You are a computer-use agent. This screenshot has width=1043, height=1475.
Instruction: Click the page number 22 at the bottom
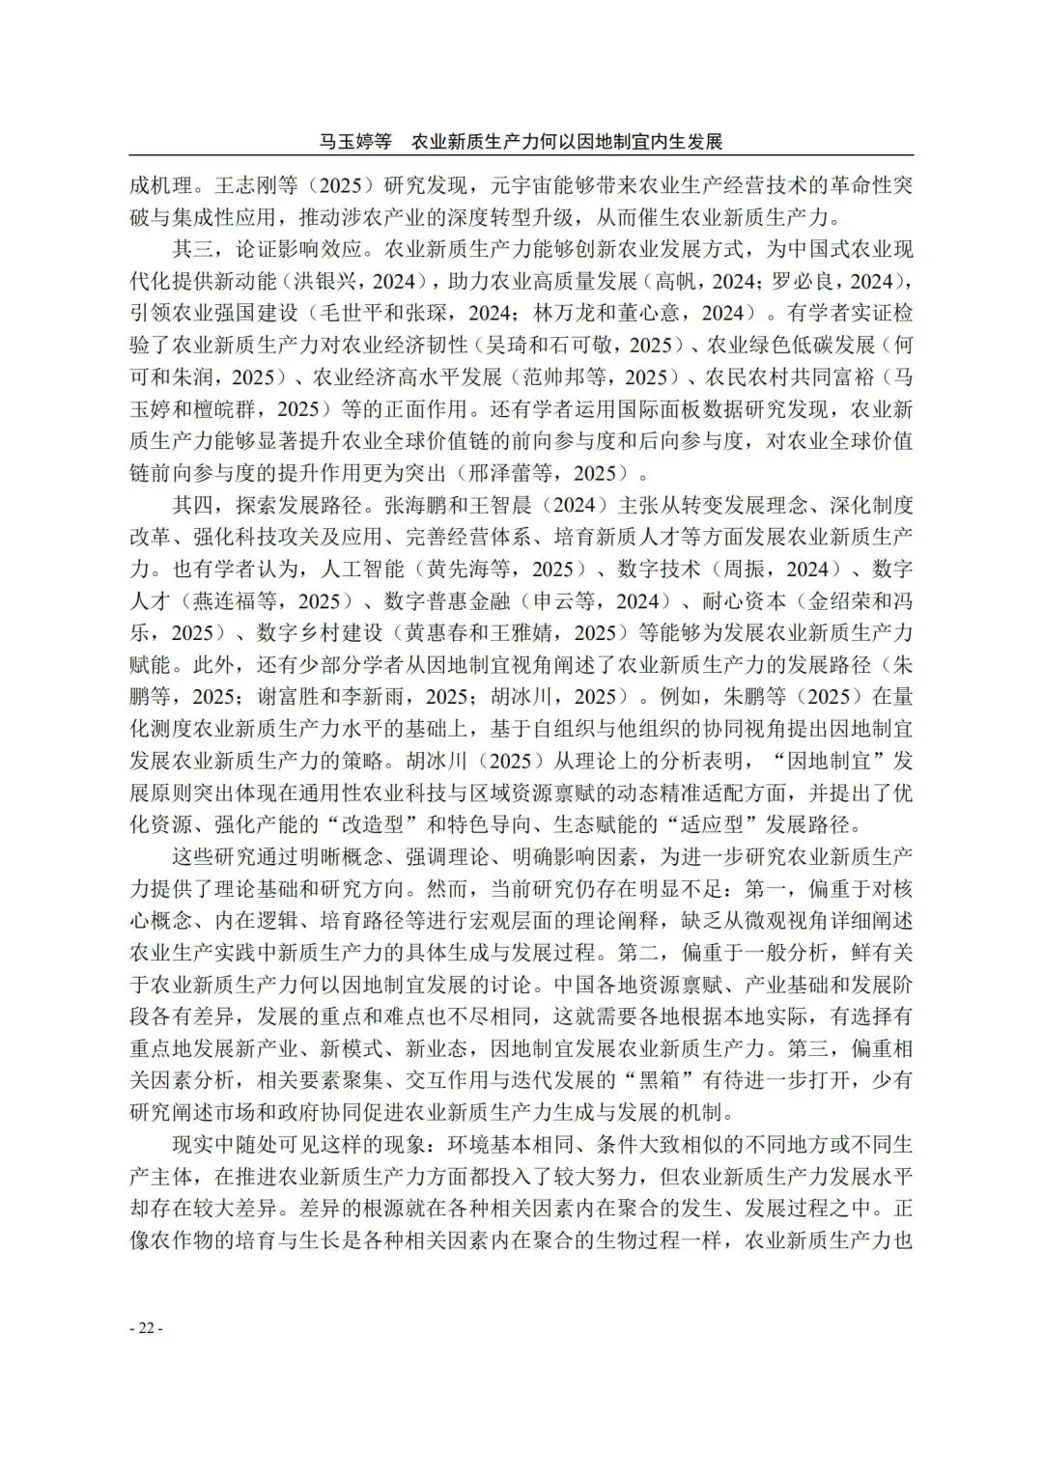(x=146, y=1328)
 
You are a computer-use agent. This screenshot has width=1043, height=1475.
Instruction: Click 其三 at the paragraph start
(x=193, y=249)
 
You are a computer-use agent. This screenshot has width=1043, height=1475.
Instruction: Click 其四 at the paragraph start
(x=193, y=505)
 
